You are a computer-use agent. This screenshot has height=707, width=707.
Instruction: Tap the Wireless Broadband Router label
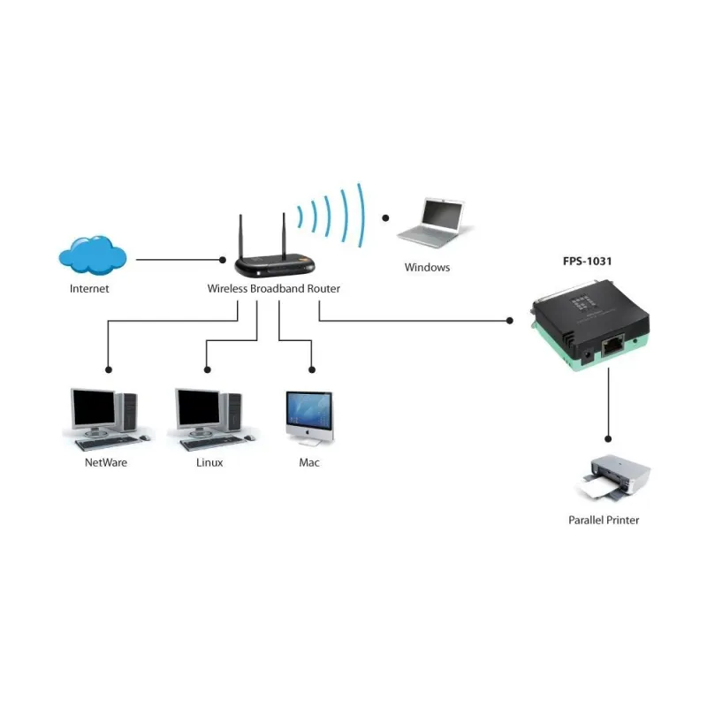(273, 289)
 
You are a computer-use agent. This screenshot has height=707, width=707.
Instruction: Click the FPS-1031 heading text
(588, 262)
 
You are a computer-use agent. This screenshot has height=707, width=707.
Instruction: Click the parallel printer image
(613, 478)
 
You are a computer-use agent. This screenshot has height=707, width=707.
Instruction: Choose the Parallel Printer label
(603, 520)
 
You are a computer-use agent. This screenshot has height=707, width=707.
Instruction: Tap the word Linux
(209, 462)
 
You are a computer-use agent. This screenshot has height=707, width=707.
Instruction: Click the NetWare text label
(106, 462)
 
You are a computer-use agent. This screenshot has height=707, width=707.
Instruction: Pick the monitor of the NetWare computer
(94, 407)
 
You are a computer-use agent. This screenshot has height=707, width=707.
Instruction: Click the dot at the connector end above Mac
(312, 369)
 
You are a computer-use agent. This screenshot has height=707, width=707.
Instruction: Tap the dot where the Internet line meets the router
(223, 260)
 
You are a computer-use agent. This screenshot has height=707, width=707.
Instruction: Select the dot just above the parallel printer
(608, 437)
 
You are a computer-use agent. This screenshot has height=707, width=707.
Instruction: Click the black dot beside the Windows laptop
(384, 217)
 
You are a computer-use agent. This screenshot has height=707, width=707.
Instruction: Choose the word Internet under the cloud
(89, 289)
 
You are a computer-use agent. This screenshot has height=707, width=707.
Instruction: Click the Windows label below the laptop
(427, 267)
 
